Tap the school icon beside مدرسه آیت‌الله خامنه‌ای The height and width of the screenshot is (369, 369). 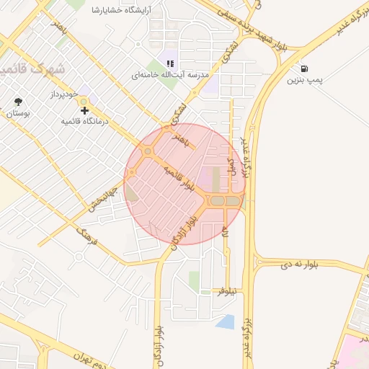pyautogui.click(x=170, y=63)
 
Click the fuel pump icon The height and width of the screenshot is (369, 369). pyautogui.click(x=306, y=68)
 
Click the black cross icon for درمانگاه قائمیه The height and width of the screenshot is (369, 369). pyautogui.click(x=86, y=110)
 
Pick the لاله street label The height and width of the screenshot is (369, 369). pyautogui.click(x=225, y=233)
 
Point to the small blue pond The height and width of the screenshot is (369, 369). pyautogui.click(x=226, y=321)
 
